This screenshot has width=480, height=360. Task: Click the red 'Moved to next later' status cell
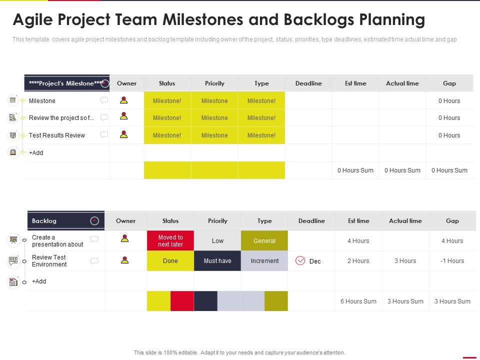170,241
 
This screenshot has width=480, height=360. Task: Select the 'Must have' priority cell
217,261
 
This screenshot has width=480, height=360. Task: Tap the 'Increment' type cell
264,261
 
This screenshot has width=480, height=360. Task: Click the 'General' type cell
264,241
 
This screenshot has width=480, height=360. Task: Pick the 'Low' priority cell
217,241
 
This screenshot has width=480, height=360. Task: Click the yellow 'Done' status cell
170,261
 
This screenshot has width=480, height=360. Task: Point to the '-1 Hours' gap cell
452,261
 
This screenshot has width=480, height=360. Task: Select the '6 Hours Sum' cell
358,301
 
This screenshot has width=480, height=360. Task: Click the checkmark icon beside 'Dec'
300,260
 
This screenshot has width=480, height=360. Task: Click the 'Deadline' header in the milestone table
308,83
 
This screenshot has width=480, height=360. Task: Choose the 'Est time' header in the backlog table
358,220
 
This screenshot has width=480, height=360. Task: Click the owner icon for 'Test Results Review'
123,134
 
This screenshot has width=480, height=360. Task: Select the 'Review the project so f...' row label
61,118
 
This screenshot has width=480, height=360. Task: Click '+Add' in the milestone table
36,153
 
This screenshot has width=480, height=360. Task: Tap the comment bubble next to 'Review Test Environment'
94,260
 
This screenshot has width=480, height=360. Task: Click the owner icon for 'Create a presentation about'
125,239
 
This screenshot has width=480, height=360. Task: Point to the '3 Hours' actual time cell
405,261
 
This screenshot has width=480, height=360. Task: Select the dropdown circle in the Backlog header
94,220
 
